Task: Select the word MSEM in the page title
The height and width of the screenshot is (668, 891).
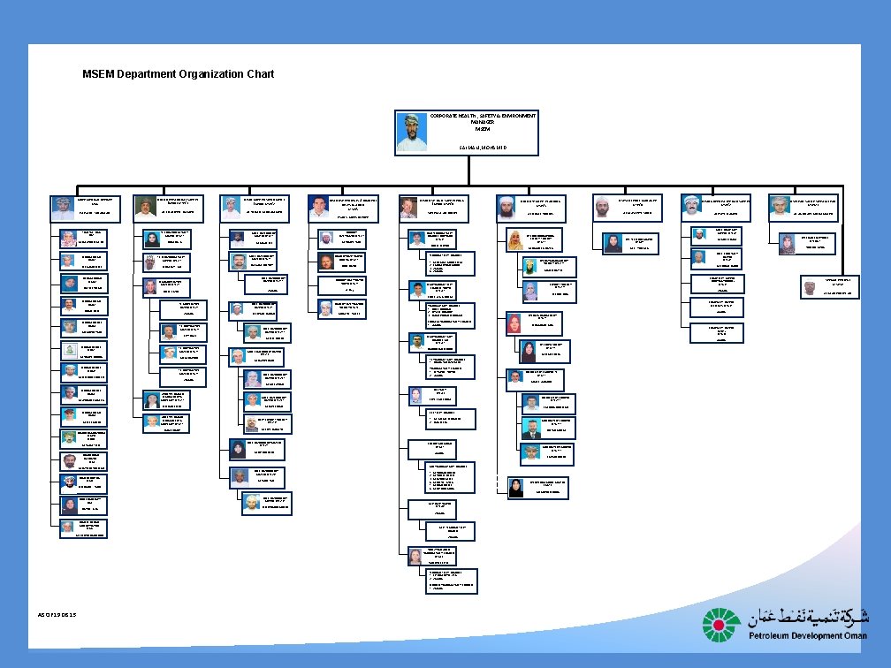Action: point(98,73)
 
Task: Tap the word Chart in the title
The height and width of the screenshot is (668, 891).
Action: point(260,73)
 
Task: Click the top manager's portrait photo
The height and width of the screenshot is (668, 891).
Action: point(412,133)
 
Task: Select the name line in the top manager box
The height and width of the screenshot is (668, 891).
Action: point(482,147)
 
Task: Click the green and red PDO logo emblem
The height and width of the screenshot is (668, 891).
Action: point(722,625)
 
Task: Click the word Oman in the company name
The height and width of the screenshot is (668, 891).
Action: point(853,636)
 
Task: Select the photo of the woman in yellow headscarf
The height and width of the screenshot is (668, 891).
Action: point(516,239)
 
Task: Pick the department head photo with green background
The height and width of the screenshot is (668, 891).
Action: point(146,207)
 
